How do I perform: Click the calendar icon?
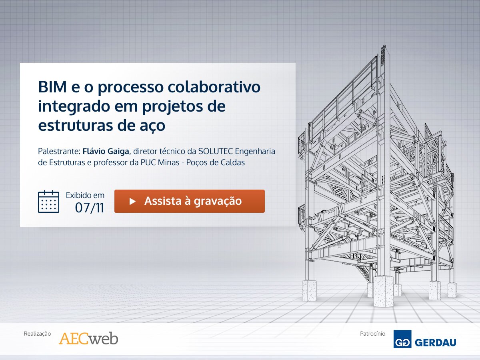48,201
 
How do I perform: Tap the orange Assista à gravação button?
189,201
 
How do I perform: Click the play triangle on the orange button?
132,201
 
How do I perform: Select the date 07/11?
90,208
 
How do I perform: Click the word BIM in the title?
52,87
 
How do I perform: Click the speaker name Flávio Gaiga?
106,151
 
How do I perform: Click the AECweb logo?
88,338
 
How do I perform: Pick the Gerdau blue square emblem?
402,339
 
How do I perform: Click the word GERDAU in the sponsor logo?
435,342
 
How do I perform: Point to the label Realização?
37,334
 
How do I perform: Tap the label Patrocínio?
373,334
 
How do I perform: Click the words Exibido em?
85,195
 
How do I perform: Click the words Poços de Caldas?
215,162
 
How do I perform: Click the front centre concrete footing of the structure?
383,291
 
